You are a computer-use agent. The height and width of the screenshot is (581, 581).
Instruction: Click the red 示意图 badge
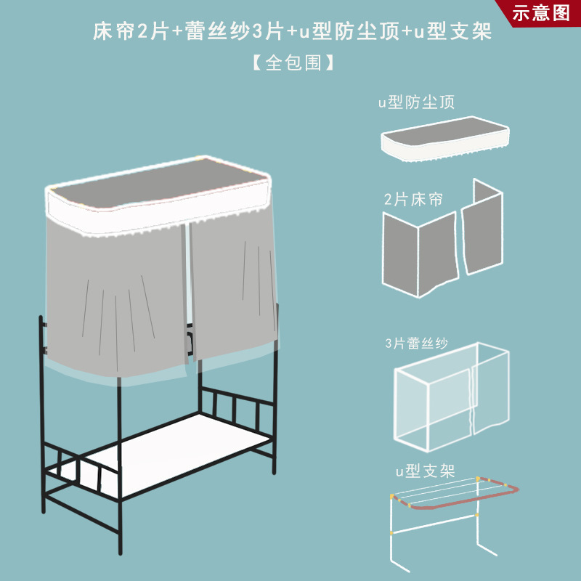[x=541, y=13]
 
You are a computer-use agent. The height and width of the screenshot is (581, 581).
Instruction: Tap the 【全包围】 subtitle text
[x=293, y=63]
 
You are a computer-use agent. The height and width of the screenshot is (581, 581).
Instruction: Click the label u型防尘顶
[x=416, y=102]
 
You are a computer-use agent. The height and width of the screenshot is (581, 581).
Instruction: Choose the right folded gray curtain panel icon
[x=482, y=228]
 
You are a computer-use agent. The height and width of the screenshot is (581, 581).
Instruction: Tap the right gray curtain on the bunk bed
[x=232, y=290]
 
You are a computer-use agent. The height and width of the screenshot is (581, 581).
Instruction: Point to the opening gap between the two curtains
[x=188, y=290]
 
